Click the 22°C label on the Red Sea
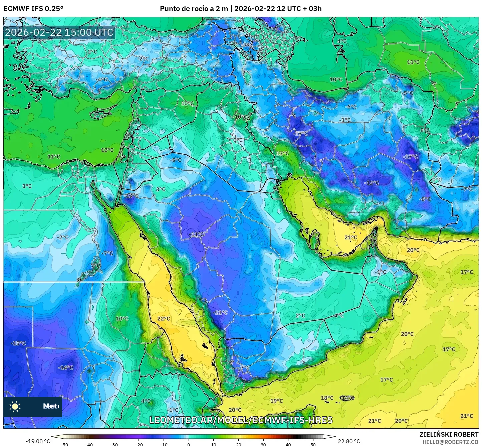164,319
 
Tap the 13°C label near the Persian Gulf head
282,153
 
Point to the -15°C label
18,343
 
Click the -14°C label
66,367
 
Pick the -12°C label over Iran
372,183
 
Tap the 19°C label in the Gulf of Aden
276,401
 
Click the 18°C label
327,398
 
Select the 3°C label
161,189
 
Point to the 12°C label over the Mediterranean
107,150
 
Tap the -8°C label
425,199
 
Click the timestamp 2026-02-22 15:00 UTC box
59,32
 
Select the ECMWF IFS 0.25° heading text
33,9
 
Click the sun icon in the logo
15,407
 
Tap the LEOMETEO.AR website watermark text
241,420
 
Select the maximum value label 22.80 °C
348,441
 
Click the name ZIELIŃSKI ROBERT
449,434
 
